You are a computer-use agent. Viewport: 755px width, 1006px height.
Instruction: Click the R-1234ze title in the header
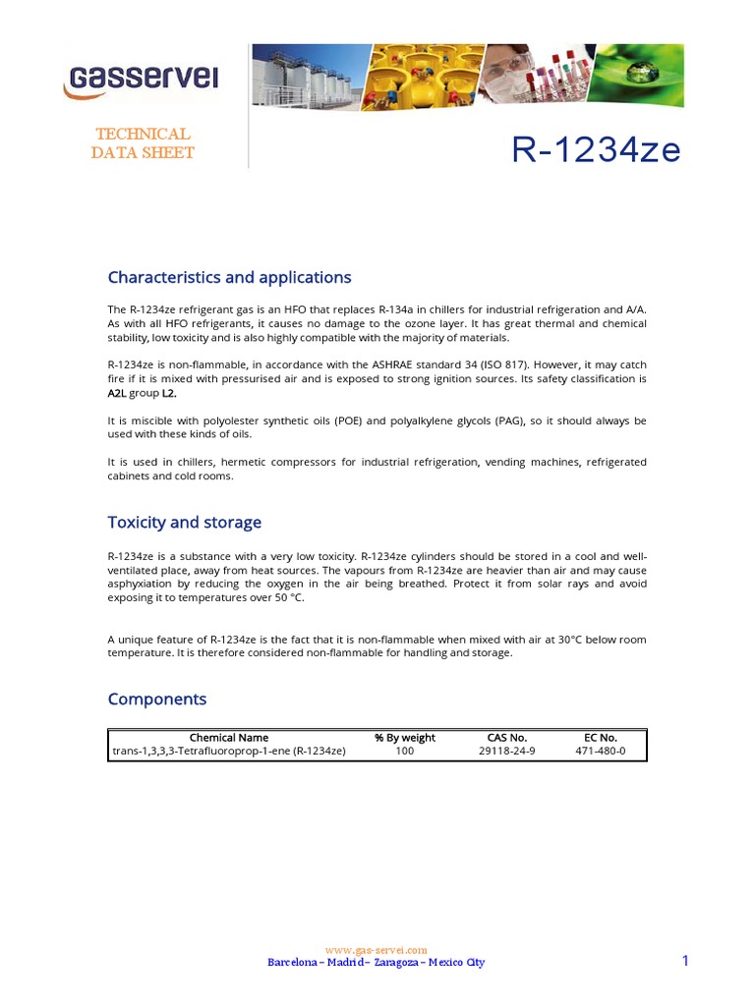596,150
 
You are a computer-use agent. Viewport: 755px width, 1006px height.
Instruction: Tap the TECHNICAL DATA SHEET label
143,142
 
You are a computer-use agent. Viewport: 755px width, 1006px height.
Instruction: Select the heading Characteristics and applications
229,277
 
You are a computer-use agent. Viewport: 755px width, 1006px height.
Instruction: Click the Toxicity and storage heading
184,522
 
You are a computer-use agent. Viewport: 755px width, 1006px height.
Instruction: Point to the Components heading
157,699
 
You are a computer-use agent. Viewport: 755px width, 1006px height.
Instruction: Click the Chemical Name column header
228,737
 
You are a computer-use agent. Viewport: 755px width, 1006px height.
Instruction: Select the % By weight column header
404,737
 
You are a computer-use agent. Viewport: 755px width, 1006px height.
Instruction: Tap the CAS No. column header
506,737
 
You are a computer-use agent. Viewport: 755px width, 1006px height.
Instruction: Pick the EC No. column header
600,737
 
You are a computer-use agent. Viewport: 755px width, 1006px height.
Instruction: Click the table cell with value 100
404,751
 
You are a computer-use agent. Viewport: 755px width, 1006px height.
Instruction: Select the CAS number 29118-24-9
506,751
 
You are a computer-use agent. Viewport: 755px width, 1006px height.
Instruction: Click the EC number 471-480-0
600,751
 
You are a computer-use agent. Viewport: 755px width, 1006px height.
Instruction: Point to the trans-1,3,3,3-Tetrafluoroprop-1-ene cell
228,751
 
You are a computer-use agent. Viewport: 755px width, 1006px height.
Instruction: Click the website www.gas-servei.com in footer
376,950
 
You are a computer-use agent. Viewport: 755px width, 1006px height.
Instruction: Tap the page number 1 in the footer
685,961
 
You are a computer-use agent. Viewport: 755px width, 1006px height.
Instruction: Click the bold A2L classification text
119,393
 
